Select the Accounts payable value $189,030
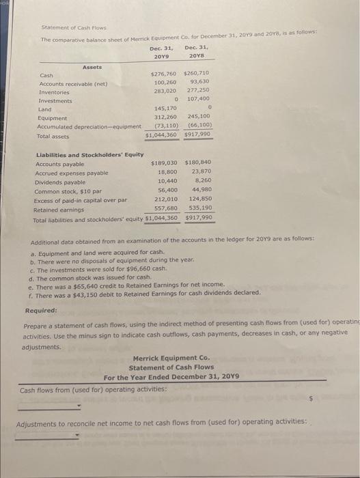coord(163,164)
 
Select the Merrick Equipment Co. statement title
coord(171,357)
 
